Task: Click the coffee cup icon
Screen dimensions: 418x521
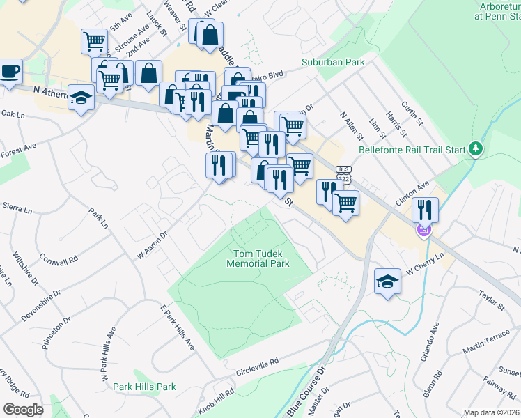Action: (x=10, y=71)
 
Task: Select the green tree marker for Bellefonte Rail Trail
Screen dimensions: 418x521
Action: (x=476, y=148)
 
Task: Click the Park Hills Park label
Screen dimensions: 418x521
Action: (x=145, y=387)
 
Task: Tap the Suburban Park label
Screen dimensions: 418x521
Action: (x=333, y=62)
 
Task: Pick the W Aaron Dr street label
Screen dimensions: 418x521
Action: (x=153, y=245)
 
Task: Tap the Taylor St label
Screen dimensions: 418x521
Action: (x=491, y=302)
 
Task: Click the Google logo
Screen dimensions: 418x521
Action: (x=23, y=410)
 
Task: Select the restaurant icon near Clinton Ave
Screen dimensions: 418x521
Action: (x=424, y=208)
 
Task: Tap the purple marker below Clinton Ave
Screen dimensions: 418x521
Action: (x=423, y=229)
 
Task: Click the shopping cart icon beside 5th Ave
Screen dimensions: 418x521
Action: (x=93, y=40)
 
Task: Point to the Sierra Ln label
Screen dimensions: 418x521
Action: (x=17, y=209)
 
